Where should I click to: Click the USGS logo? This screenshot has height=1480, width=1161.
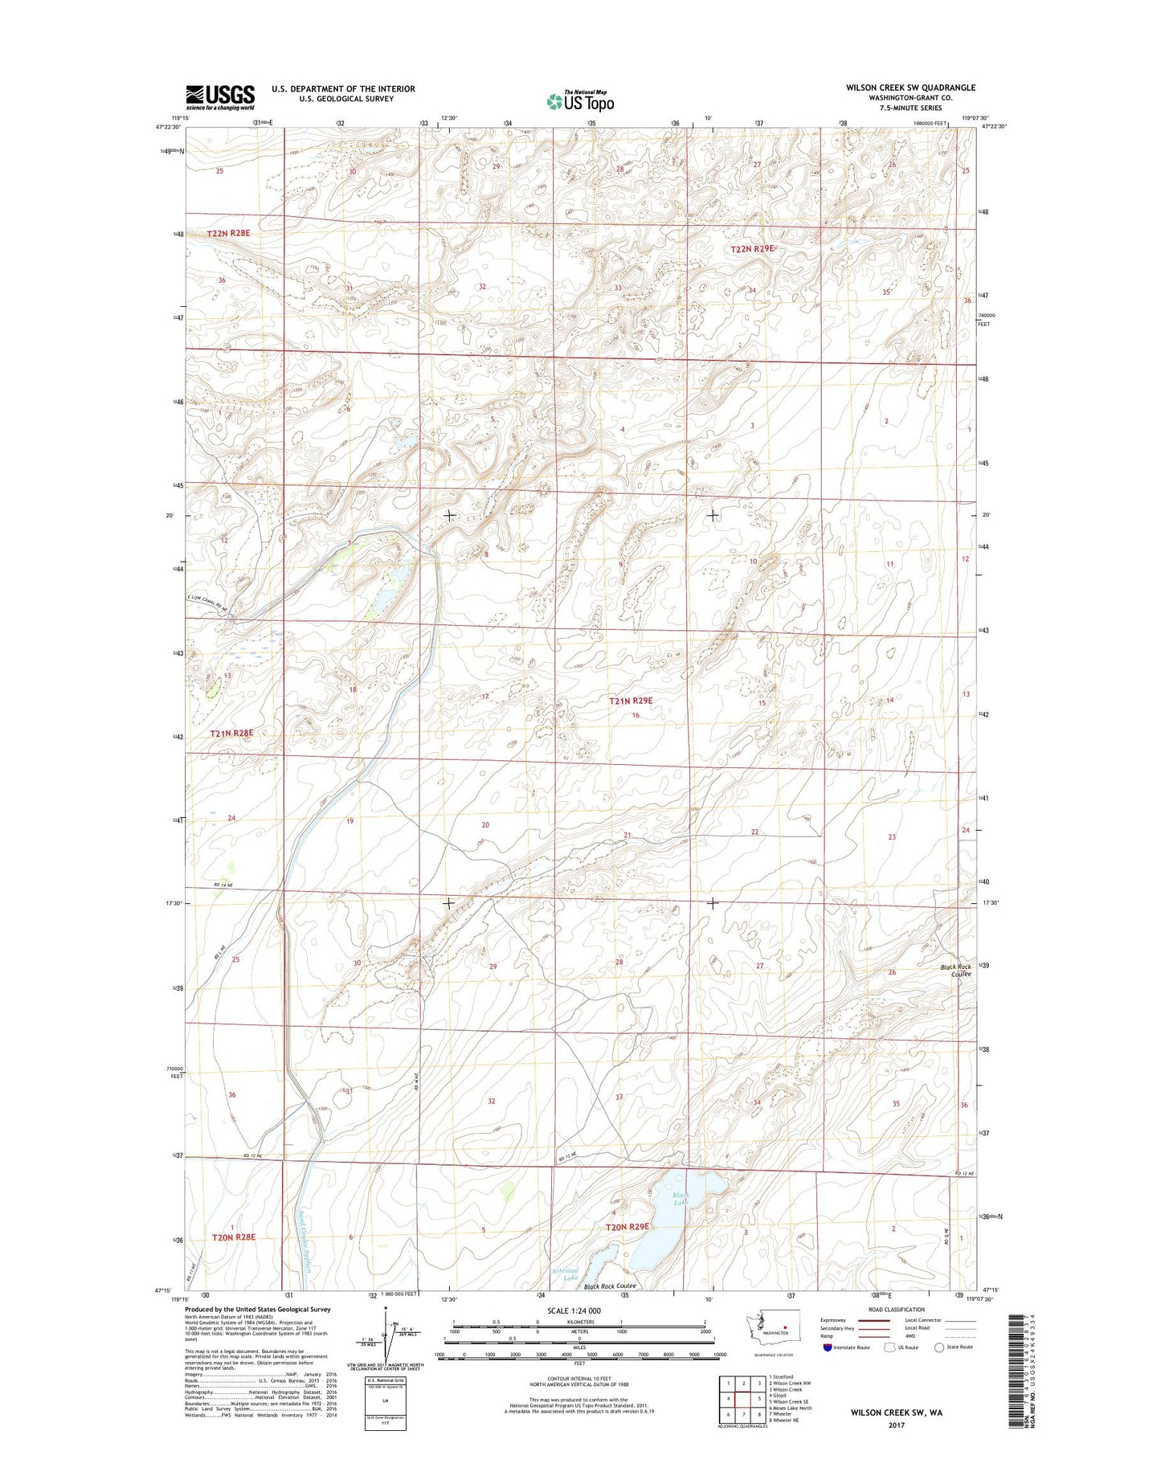[220, 96]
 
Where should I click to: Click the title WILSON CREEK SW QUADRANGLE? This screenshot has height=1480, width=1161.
[910, 88]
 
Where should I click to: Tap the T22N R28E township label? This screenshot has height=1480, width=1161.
[228, 233]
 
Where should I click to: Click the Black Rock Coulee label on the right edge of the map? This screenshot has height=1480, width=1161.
[956, 971]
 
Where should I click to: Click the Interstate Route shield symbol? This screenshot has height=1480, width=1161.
[827, 1347]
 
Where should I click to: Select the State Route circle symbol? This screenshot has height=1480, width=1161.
[938, 1347]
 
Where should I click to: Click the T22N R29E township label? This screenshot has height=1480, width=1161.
[752, 249]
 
